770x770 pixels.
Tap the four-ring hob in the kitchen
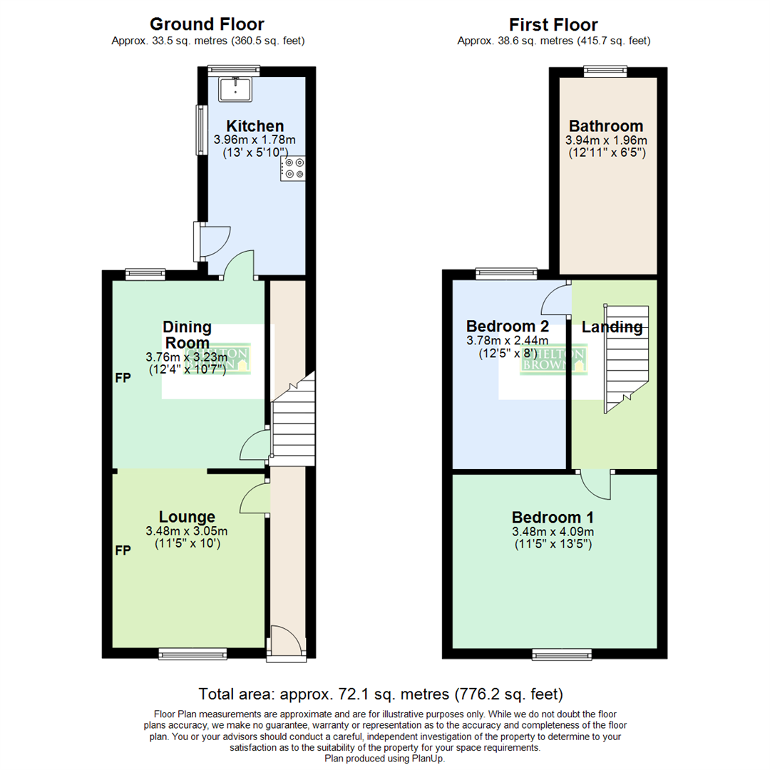pos(294,168)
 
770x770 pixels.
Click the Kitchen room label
pos(245,126)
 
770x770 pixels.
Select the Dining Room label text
pos(188,334)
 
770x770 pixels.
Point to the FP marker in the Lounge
pos(123,551)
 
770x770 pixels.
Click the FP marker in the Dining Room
pos(123,379)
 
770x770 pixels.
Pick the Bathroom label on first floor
pos(606,126)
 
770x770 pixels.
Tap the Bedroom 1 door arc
pos(597,485)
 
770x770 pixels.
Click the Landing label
pos(612,327)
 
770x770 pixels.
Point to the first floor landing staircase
pos(626,356)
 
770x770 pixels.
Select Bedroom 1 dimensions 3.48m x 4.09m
pos(553,531)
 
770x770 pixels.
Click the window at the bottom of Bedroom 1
pos(562,653)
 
